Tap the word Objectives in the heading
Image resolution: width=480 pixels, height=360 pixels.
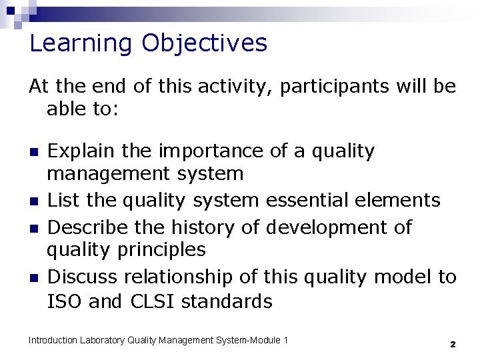pos(204,44)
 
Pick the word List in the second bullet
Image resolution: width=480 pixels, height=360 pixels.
pos(62,200)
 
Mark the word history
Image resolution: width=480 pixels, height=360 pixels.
pos(201,227)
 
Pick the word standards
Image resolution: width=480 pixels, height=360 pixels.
pos(227,301)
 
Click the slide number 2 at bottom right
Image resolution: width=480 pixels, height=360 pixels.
pos(452,344)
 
